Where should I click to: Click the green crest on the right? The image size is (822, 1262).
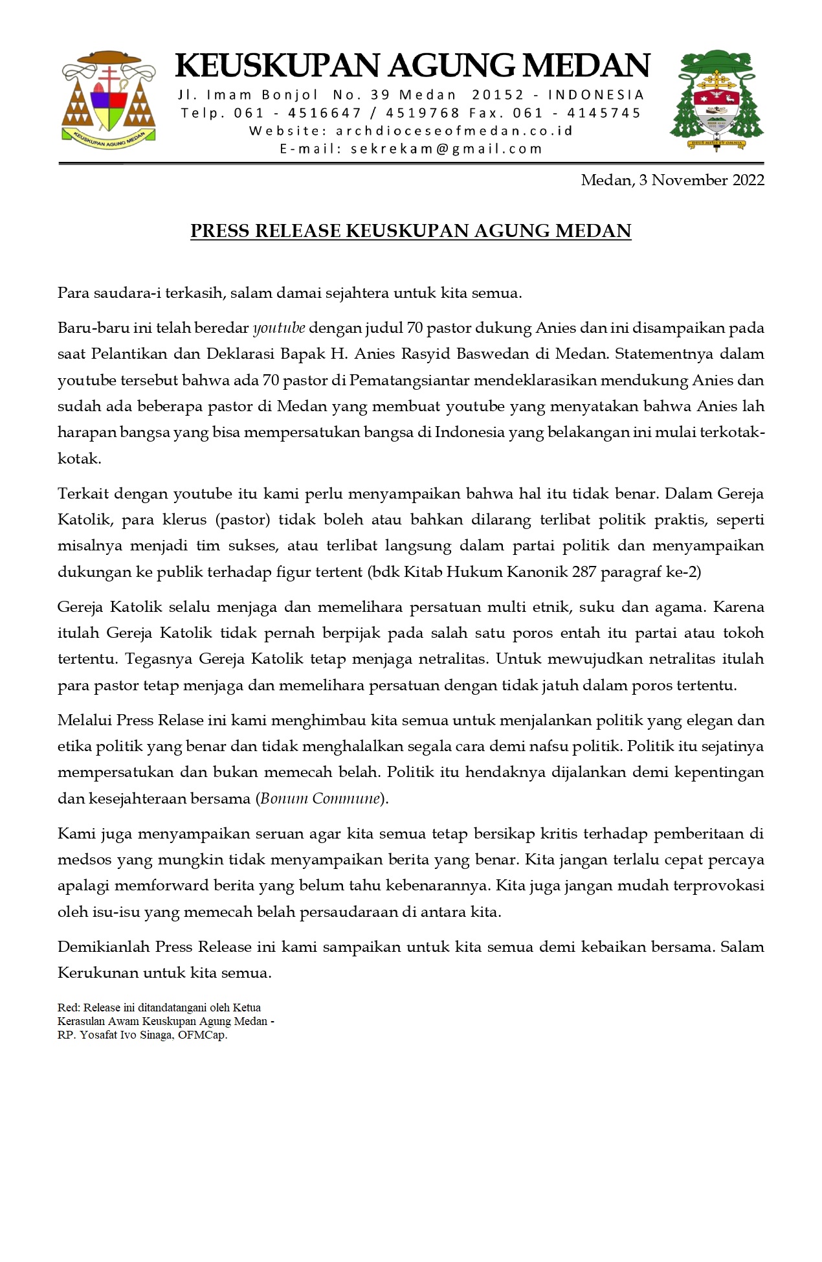(716, 100)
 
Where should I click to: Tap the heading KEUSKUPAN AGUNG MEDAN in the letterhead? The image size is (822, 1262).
(412, 66)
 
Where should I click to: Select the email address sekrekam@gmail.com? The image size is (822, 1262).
(446, 148)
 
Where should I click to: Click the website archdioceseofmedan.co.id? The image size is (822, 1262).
(454, 131)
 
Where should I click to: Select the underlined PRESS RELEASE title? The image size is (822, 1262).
(410, 231)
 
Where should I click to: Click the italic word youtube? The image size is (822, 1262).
(279, 328)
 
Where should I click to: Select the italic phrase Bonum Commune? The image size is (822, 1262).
(320, 798)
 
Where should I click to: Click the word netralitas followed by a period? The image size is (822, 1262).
(455, 659)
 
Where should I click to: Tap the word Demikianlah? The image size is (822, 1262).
(103, 947)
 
